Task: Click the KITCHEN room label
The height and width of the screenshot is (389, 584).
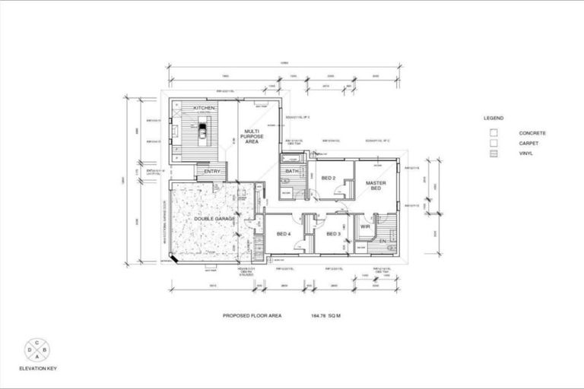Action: click(x=204, y=109)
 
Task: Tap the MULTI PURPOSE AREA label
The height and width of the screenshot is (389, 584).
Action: click(x=252, y=136)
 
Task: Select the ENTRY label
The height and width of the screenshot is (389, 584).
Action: click(x=212, y=171)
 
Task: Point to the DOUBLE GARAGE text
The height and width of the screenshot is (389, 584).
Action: click(x=214, y=218)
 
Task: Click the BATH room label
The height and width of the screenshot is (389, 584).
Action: click(x=292, y=171)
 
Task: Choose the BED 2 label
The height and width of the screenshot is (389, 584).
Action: click(x=328, y=178)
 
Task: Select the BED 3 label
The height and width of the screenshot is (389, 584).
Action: click(x=334, y=233)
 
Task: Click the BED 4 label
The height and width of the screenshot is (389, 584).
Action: click(x=284, y=233)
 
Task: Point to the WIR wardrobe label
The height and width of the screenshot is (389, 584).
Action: click(x=365, y=226)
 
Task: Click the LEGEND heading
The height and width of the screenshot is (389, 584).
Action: click(x=494, y=119)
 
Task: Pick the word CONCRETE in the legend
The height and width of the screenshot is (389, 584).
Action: click(x=532, y=133)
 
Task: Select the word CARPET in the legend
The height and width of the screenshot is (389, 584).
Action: click(x=529, y=143)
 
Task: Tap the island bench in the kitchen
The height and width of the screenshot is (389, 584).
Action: click(x=203, y=136)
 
